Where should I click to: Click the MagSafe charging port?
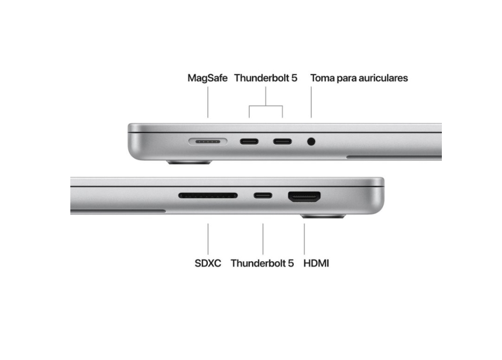tap(208, 141)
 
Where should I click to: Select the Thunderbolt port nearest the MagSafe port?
tap(249, 141)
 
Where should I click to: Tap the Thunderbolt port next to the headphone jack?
tap(282, 141)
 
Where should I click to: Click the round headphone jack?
tap(311, 141)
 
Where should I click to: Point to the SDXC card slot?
tap(208, 195)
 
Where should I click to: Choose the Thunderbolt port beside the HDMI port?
tap(263, 195)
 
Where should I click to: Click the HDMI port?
tap(304, 196)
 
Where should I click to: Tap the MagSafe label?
tap(207, 78)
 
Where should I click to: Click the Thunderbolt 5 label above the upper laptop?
tap(266, 78)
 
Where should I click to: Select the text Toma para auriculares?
tap(359, 78)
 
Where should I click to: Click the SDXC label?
tap(208, 263)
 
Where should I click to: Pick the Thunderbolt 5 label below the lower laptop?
tap(262, 263)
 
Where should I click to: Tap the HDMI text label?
tap(316, 263)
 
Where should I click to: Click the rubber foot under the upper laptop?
tap(189, 162)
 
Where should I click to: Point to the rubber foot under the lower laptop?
tap(323, 216)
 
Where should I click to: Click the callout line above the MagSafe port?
tap(208, 102)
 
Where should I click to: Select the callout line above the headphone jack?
tap(311, 102)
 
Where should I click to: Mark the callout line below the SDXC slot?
tap(208, 239)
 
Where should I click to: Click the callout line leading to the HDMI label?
tap(304, 239)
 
